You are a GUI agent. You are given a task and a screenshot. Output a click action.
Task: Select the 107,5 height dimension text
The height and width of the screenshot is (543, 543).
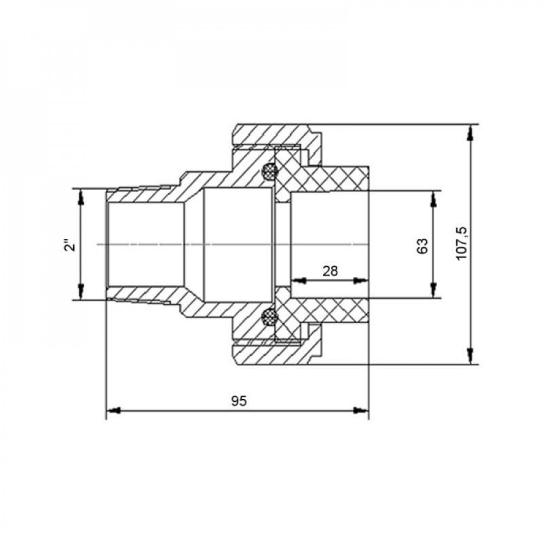462,244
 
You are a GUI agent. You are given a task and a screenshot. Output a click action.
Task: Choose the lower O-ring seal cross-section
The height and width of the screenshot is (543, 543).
269,317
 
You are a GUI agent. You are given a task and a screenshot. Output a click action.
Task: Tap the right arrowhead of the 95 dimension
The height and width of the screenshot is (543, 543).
361,411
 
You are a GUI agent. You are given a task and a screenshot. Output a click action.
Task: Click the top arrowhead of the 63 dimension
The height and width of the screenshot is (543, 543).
433,198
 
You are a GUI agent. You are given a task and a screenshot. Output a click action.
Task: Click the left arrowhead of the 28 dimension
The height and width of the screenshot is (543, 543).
298,281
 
